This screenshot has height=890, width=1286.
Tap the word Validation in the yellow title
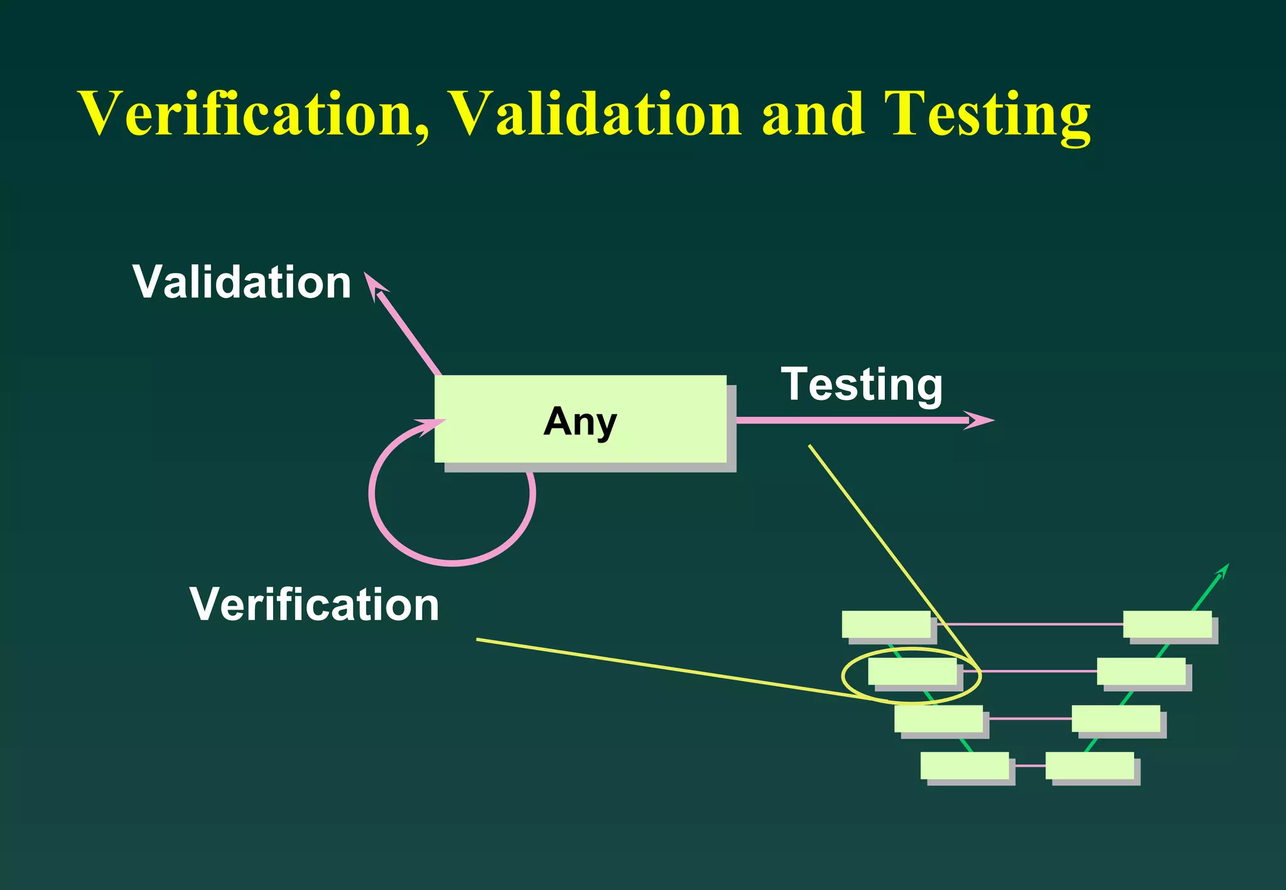click(x=597, y=114)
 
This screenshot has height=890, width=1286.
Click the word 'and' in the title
click(x=814, y=114)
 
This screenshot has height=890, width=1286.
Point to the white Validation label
click(x=242, y=282)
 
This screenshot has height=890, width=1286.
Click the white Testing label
click(x=862, y=384)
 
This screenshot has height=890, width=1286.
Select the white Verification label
click(x=314, y=605)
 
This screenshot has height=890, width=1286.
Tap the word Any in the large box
click(x=580, y=421)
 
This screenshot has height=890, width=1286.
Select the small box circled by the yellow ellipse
click(x=912, y=671)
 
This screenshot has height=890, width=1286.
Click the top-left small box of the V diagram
click(x=886, y=624)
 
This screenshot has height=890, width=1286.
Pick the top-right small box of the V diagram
click(x=1167, y=624)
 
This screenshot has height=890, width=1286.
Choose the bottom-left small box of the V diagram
click(x=964, y=765)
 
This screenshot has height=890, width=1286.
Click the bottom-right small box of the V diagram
click(x=1089, y=765)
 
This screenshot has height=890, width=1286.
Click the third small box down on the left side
click(x=938, y=718)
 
